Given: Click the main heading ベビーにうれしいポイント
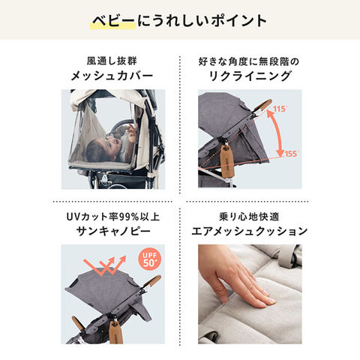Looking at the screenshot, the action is pos(179,21).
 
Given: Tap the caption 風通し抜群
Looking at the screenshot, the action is pos(112,61).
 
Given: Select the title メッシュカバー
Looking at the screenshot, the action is pos(112,76).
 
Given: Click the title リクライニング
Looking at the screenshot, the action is pos(250,76).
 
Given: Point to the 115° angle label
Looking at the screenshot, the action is pos(280,109).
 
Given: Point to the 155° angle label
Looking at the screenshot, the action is pos(292,154).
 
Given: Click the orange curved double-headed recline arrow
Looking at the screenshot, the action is pos(277,133).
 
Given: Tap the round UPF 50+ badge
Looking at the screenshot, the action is pos(149,259).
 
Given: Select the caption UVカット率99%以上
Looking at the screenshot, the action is pos(113,217).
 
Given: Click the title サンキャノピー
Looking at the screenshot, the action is pos(113,231).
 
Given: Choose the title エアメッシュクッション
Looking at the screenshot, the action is pos(250,231).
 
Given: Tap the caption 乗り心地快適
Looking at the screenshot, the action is pos(249,217).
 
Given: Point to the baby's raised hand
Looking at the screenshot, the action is pos(132,131).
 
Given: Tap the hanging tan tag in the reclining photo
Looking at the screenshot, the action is pos(228,162).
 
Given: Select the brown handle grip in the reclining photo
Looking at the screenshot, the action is pos(262,106).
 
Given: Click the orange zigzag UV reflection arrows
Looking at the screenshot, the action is pos(105,265).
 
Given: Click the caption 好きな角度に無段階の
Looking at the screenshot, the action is pos(249,61).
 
